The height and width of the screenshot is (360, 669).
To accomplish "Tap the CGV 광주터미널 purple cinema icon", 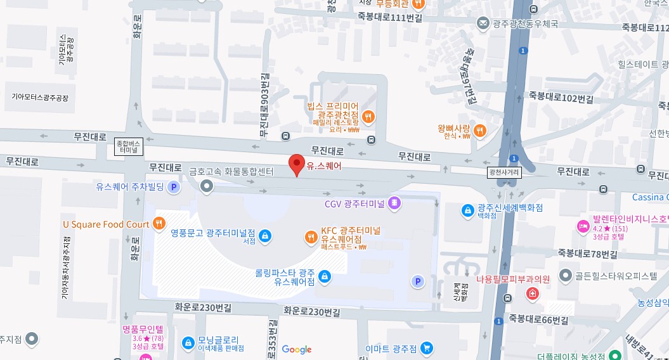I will [394, 203].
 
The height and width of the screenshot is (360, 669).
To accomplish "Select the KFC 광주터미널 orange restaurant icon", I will [311, 237].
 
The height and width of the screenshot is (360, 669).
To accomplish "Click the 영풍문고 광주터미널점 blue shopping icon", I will [265, 236].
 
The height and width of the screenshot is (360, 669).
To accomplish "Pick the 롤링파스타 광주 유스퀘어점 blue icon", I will [324, 276].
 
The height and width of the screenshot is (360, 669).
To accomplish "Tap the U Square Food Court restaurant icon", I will [159, 224].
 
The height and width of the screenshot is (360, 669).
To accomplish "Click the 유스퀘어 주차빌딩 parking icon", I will [174, 187].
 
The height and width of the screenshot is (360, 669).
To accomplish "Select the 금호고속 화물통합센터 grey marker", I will [206, 186].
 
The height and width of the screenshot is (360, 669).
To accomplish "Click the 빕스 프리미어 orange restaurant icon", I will [368, 116].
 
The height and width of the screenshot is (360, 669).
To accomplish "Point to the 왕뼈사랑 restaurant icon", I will [480, 131].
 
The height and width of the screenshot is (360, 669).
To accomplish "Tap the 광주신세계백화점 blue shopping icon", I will [467, 209].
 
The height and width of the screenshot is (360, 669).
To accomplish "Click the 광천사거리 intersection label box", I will [504, 172].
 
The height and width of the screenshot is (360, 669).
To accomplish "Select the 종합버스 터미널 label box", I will [129, 147].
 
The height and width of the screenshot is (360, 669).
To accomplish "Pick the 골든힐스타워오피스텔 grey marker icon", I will [566, 276].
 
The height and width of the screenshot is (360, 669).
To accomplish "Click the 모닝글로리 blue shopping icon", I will [188, 343].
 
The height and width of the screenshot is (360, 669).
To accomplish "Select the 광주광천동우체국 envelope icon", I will [483, 23].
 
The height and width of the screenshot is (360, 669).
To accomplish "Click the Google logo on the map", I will [297, 349].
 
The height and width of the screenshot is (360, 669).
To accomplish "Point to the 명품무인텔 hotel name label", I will [143, 329].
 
